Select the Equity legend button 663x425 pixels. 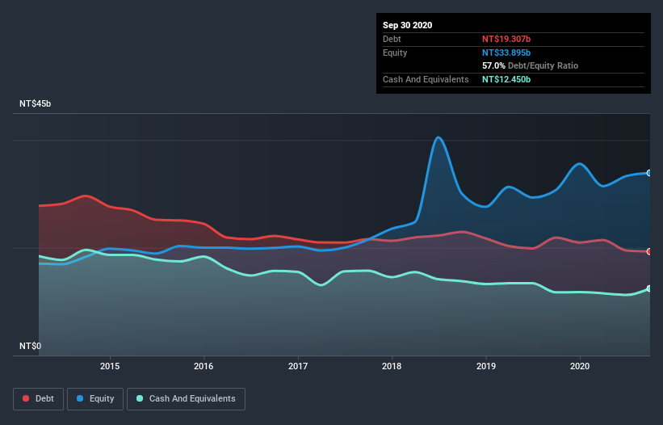[x=96, y=398]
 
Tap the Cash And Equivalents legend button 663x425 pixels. [x=186, y=398]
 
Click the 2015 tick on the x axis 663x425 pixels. [x=110, y=365]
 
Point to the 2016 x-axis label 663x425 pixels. [x=204, y=365]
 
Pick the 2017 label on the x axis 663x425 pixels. [x=298, y=365]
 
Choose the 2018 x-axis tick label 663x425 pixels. [x=392, y=365]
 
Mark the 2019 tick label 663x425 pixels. [x=486, y=365]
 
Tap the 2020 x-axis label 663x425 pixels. [x=580, y=365]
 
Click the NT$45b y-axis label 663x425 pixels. [x=36, y=104]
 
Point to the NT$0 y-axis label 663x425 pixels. [x=30, y=346]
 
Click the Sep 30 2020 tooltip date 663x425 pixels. [x=408, y=25]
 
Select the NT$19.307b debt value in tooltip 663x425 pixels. [x=506, y=39]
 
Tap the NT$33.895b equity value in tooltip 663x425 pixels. [x=506, y=53]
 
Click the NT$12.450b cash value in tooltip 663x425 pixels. [x=506, y=79]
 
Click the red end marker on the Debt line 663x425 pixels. [x=649, y=251]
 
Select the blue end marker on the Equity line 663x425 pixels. [x=649, y=173]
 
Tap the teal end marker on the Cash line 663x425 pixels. [x=649, y=288]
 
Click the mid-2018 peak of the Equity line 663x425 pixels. [x=439, y=137]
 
